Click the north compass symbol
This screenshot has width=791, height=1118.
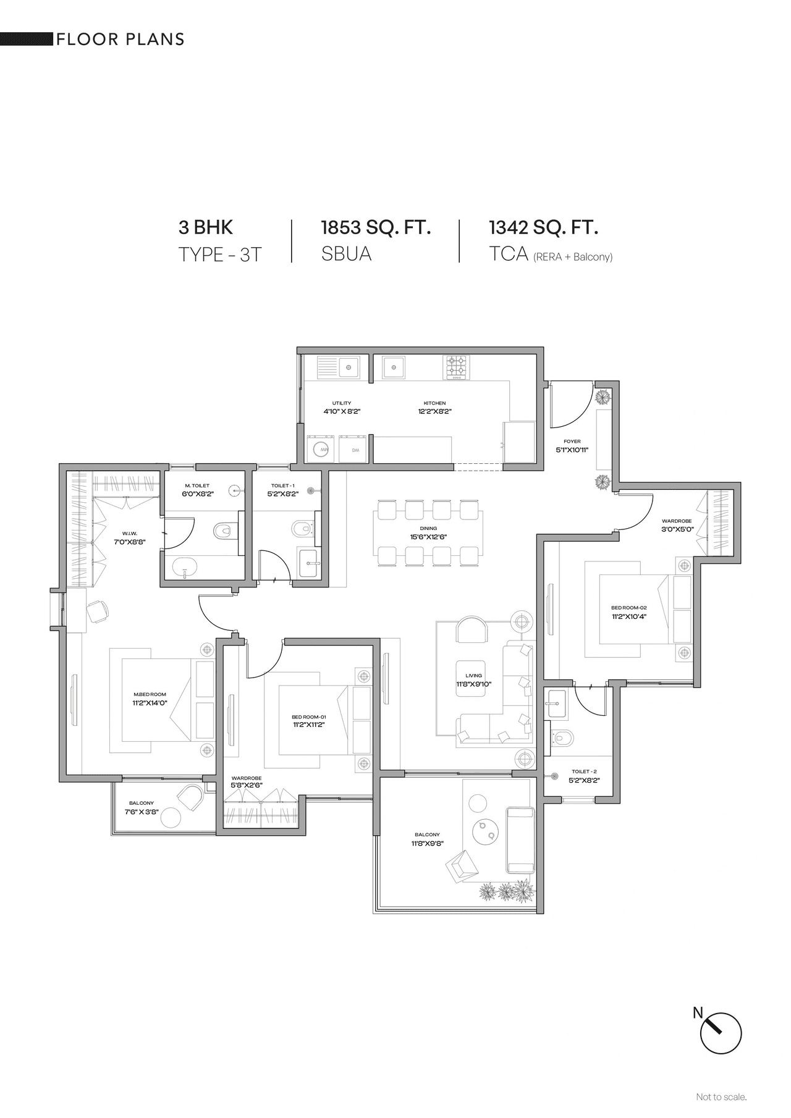721,1032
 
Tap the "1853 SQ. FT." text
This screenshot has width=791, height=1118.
376,227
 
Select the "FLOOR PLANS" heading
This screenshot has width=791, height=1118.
121,40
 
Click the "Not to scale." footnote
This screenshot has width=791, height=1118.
721,1097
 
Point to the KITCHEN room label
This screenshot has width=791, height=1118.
434,403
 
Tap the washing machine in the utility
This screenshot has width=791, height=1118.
321,450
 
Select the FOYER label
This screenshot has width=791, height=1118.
572,442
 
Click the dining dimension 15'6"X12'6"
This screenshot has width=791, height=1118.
428,537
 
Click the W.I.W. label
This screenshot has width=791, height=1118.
129,533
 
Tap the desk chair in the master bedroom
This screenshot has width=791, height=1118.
98,612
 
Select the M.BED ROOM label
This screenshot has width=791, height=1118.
150,695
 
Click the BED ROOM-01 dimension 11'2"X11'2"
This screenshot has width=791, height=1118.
309,725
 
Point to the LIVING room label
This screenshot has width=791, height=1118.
473,676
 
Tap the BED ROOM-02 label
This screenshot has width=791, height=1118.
628,608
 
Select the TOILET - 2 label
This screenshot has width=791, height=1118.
584,771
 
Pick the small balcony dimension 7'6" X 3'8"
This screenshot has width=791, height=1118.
142,812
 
